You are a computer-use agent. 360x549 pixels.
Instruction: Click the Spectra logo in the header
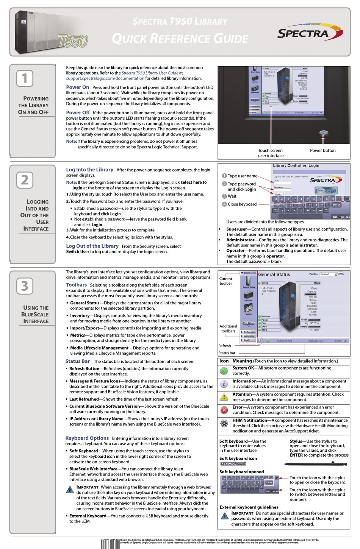click(309, 33)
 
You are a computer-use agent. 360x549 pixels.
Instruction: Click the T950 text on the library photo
click(73, 41)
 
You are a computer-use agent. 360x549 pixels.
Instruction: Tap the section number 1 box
click(25, 78)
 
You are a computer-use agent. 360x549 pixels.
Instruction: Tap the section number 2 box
click(25, 180)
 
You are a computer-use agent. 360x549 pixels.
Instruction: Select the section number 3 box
click(25, 286)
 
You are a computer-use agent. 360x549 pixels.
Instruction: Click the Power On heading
click(77, 87)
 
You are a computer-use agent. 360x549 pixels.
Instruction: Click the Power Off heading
click(78, 112)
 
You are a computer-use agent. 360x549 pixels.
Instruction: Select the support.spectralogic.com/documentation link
click(105, 78)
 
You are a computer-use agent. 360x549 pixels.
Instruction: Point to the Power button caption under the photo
click(322, 150)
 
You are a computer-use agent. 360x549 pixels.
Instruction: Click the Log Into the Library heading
click(89, 170)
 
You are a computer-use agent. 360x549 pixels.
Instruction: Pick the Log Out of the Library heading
click(92, 246)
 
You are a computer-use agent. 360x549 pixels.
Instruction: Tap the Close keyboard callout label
click(242, 204)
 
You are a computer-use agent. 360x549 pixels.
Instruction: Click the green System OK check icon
click(224, 371)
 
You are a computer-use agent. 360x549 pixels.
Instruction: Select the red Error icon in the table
click(224, 410)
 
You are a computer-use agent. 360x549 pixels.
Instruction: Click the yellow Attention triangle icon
click(224, 397)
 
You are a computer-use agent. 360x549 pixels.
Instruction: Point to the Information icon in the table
click(224, 384)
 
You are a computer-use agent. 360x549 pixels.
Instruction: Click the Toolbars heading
click(76, 285)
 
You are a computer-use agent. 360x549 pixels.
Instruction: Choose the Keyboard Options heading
click(87, 438)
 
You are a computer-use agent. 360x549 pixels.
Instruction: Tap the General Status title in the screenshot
click(274, 274)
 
